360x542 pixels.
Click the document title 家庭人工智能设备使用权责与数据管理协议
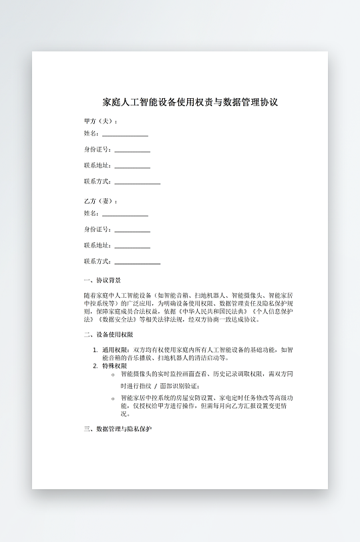tap(190, 102)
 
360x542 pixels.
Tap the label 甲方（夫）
tap(101, 121)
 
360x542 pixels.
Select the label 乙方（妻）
tap(101, 201)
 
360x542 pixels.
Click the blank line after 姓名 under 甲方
tap(125, 134)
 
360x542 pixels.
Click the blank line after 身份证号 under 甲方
tap(132, 150)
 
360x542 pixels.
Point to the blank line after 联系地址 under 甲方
tap(132, 166)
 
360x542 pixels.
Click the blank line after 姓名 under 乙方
tap(125, 214)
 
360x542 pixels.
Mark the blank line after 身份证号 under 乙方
tap(132, 230)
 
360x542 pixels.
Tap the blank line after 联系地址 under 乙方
tap(132, 246)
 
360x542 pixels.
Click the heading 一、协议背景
tap(102, 281)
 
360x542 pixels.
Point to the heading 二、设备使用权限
tap(108, 334)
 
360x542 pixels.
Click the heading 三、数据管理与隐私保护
tap(118, 429)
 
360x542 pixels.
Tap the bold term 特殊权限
tap(114, 366)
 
